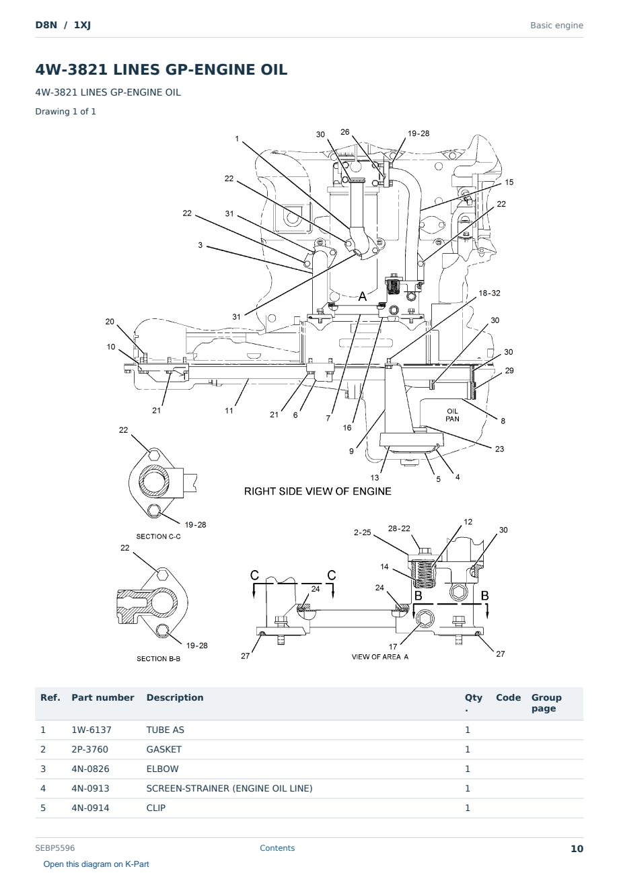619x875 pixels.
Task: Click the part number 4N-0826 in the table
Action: coord(90,769)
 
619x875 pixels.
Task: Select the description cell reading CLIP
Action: coord(156,808)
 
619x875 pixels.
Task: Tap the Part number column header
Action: coord(103,698)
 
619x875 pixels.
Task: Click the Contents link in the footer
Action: coord(277,848)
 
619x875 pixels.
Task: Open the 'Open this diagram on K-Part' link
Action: coord(96,864)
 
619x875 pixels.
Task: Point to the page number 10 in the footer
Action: coord(577,849)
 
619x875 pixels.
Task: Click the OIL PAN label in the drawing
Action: coord(452,415)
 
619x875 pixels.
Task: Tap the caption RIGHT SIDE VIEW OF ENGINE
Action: coord(318,491)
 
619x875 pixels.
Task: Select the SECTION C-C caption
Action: coord(158,536)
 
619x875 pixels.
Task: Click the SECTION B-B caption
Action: coord(158,658)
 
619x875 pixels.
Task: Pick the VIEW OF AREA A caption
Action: coord(380,657)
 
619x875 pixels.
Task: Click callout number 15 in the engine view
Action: coord(509,182)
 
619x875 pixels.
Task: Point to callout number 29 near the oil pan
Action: coord(509,370)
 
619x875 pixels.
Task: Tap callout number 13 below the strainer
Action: coord(375,477)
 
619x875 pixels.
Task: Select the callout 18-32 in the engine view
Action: coord(489,293)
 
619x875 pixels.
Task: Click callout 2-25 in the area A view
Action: coord(363,532)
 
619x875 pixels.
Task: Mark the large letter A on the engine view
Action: coord(363,296)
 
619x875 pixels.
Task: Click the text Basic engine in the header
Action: coord(556,26)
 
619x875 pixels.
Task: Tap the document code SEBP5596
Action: coord(55,848)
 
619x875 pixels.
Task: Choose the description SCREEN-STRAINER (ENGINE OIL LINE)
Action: coord(229,788)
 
